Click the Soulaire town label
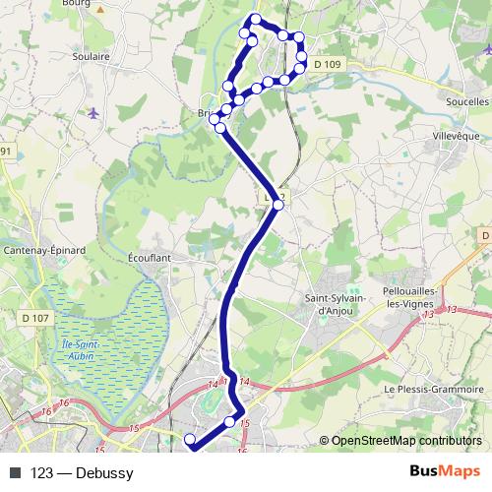point(90,57)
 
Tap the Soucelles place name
point(467,101)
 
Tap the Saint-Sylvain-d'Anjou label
point(329,305)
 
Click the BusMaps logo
point(445,472)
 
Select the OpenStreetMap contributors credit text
point(406,440)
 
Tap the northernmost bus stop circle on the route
point(256,20)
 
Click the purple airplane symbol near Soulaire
point(92,111)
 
